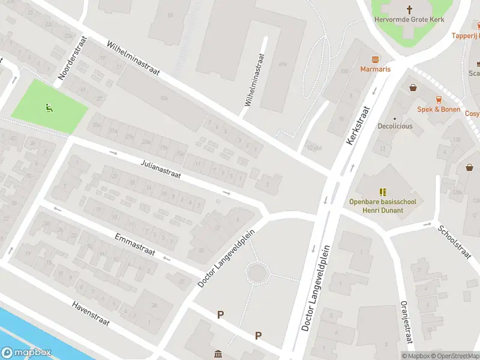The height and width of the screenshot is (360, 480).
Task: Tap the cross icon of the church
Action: tap(410, 10)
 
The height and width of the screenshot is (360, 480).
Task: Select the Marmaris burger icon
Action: tap(376, 59)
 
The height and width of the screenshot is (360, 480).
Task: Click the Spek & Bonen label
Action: tap(439, 109)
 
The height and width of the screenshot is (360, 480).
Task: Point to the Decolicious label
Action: tap(395, 127)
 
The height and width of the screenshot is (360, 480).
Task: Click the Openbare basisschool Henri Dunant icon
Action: tap(383, 191)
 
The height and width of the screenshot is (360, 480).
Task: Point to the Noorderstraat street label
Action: tap(74, 58)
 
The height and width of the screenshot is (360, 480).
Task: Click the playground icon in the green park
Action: tap(49, 108)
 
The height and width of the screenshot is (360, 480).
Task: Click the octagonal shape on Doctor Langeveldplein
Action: tap(258, 273)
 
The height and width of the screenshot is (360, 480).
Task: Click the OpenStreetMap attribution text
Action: tap(455, 356)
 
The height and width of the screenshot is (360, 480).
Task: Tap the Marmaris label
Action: tap(376, 69)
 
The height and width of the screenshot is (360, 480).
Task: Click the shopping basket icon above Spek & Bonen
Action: tap(413, 88)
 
